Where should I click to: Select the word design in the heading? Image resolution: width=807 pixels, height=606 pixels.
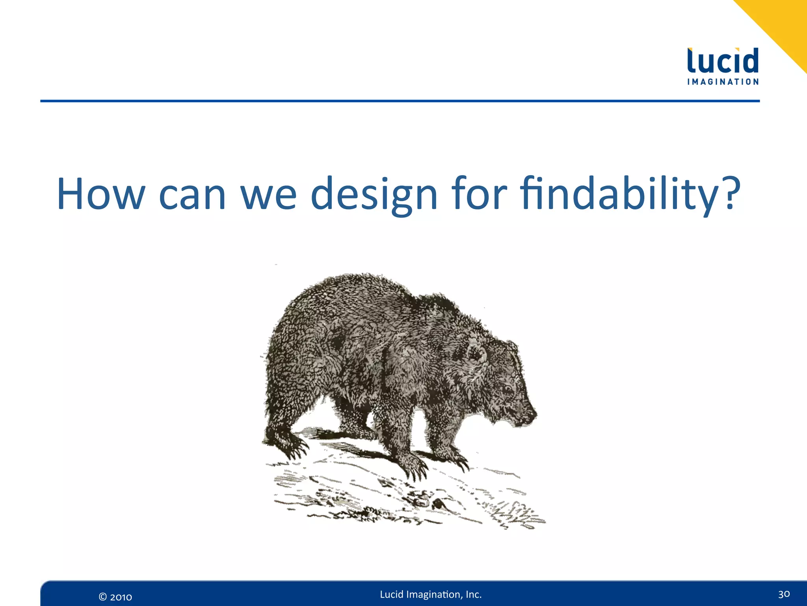pos(374,194)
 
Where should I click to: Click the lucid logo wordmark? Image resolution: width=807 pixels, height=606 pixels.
pos(723,61)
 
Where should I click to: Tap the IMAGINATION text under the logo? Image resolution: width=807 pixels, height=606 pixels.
pos(723,82)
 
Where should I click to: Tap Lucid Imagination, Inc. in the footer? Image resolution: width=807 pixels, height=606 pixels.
pos(431,595)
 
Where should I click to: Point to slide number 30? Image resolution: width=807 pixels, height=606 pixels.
pos(784,594)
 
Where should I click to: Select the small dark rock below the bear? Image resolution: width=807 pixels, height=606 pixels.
pos(438,504)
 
